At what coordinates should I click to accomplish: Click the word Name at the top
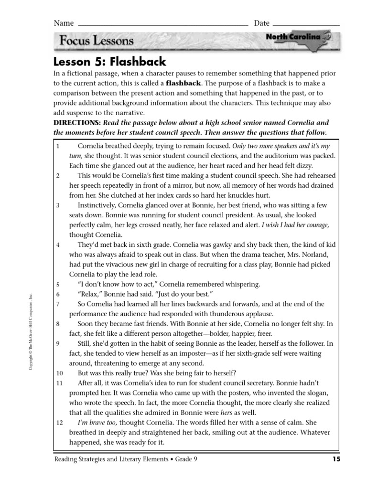[64, 23]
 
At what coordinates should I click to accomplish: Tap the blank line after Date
[306, 23]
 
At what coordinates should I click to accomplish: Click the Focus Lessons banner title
[97, 41]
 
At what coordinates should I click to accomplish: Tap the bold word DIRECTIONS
[76, 123]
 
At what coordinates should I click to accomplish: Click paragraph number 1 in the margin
[57, 146]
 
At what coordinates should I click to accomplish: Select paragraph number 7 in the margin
[57, 304]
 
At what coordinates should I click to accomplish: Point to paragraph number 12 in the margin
[59, 423]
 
